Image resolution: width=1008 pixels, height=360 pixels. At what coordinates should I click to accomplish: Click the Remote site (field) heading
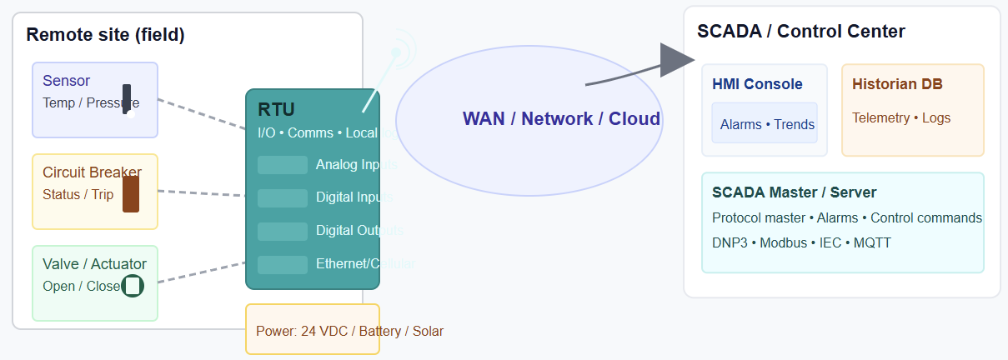pyautogui.click(x=105, y=35)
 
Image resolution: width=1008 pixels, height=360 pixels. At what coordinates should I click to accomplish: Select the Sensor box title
pyautogui.click(x=67, y=81)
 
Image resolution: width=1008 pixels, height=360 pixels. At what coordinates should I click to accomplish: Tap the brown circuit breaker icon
pyautogui.click(x=131, y=193)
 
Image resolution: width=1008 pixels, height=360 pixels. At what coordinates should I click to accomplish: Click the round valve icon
pyautogui.click(x=133, y=286)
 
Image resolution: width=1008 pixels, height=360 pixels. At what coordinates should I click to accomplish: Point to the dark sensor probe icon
pyautogui.click(x=127, y=99)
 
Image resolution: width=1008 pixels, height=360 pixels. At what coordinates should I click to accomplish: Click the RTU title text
pyautogui.click(x=276, y=109)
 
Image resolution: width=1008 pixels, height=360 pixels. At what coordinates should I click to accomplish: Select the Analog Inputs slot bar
pyautogui.click(x=283, y=165)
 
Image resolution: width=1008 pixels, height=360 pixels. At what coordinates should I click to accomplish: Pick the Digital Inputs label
pyautogui.click(x=354, y=197)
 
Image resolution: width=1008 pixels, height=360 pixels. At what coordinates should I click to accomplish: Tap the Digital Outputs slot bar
pyautogui.click(x=283, y=231)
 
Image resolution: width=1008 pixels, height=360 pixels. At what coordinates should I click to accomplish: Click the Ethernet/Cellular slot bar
pyautogui.click(x=283, y=264)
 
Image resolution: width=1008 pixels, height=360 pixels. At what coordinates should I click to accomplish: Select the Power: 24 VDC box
pyautogui.click(x=313, y=330)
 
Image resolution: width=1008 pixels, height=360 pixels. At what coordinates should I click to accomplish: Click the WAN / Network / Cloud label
pyautogui.click(x=561, y=118)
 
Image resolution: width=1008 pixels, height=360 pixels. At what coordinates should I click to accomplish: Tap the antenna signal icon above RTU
pyautogui.click(x=397, y=52)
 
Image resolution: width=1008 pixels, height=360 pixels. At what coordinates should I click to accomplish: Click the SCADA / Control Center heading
pyautogui.click(x=800, y=32)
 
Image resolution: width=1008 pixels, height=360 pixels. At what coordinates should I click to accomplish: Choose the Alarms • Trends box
pyautogui.click(x=764, y=123)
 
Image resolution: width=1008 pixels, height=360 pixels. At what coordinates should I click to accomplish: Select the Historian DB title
pyautogui.click(x=897, y=84)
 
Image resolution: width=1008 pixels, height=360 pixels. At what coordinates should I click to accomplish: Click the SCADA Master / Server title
pyautogui.click(x=794, y=192)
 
